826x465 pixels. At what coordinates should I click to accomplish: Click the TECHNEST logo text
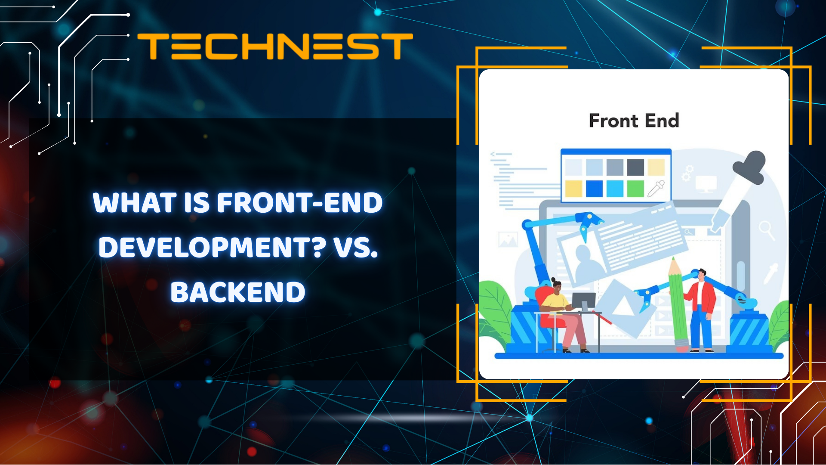click(275, 46)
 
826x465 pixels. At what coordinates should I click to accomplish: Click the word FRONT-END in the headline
click(300, 202)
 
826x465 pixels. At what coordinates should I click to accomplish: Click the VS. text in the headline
click(356, 248)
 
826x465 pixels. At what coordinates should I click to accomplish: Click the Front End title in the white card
click(634, 121)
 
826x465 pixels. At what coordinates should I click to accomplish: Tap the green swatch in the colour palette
click(635, 189)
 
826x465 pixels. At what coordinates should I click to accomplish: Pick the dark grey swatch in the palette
click(635, 167)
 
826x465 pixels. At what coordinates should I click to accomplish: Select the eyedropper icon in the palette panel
click(656, 188)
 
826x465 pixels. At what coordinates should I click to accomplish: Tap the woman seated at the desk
click(559, 310)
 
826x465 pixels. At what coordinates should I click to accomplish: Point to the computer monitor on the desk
click(584, 301)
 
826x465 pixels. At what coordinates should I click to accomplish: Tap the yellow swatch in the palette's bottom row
click(573, 189)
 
